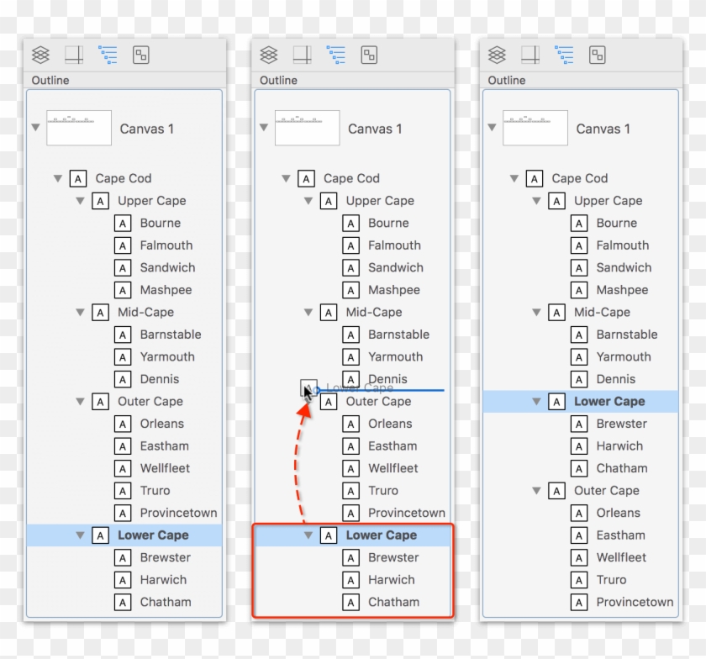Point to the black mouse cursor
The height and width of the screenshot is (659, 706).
click(x=308, y=391)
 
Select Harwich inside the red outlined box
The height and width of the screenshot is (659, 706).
click(x=391, y=579)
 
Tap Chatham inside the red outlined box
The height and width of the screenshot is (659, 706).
click(x=393, y=602)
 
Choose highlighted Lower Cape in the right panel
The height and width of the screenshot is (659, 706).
click(x=609, y=402)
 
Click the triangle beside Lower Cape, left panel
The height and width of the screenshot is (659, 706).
click(x=80, y=535)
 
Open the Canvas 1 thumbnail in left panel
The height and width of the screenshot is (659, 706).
click(x=79, y=129)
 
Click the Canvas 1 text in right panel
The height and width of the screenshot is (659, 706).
click(x=603, y=129)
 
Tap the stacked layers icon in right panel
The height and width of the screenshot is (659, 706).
click(x=498, y=55)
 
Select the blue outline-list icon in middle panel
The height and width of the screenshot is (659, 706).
click(x=336, y=55)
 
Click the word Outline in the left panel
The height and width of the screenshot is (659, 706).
click(x=50, y=81)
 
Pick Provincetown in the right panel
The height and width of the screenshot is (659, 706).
click(x=635, y=602)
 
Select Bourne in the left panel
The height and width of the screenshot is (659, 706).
click(x=160, y=223)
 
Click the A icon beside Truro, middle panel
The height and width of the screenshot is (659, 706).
click(x=351, y=490)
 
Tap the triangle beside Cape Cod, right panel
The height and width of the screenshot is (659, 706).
click(x=514, y=178)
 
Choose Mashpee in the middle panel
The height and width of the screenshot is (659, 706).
click(x=393, y=290)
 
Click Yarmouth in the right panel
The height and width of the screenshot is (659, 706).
click(x=624, y=356)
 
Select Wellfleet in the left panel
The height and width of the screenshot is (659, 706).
click(x=165, y=468)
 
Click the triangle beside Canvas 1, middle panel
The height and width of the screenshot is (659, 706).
click(x=263, y=128)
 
